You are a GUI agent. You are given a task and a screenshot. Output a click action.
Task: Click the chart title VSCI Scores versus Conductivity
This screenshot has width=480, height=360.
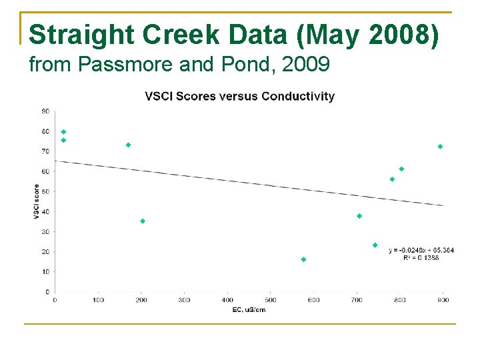[240, 96]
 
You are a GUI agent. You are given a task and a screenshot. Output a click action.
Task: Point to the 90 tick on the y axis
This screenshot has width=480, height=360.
[45, 111]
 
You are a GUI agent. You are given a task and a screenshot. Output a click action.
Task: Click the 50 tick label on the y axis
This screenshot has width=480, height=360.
[45, 191]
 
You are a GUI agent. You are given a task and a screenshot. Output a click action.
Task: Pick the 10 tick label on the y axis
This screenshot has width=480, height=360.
[45, 271]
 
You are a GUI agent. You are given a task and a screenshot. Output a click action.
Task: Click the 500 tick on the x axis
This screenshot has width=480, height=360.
[271, 300]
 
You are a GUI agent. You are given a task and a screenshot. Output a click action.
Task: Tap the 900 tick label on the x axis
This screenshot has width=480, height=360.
[443, 300]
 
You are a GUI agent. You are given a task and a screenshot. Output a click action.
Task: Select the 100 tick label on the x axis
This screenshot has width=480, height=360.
[98, 300]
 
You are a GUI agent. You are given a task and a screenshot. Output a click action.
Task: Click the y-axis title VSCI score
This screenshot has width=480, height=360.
[36, 201]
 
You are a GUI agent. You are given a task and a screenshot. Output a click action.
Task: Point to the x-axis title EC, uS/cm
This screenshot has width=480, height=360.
[249, 310]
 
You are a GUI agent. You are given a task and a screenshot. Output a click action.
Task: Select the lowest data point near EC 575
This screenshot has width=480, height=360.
[303, 259]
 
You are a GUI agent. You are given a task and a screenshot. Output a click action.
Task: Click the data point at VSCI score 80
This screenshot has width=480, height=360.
[63, 132]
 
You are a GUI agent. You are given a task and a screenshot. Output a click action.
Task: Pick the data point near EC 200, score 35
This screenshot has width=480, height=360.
[143, 221]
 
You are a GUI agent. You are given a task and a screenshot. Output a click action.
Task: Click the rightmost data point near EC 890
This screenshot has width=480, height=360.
[440, 147]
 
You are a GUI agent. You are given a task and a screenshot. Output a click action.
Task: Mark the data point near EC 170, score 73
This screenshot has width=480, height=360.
[128, 145]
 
